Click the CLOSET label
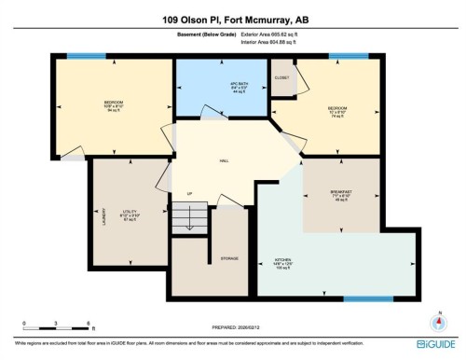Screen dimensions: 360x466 [x=282, y=76]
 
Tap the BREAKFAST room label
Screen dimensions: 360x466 [x=341, y=193]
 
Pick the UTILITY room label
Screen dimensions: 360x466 [x=130, y=214]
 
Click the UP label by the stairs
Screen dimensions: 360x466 [x=190, y=194]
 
